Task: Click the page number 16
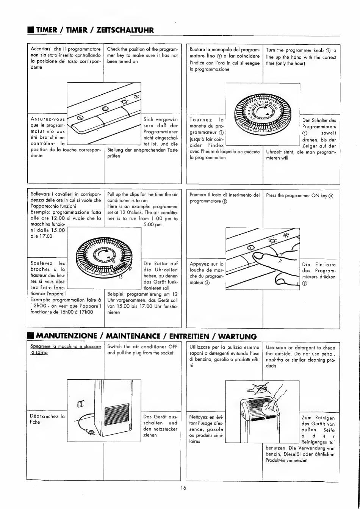[x=183, y=488]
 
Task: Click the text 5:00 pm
[x=153, y=224]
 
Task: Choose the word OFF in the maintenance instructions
[x=173, y=346]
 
